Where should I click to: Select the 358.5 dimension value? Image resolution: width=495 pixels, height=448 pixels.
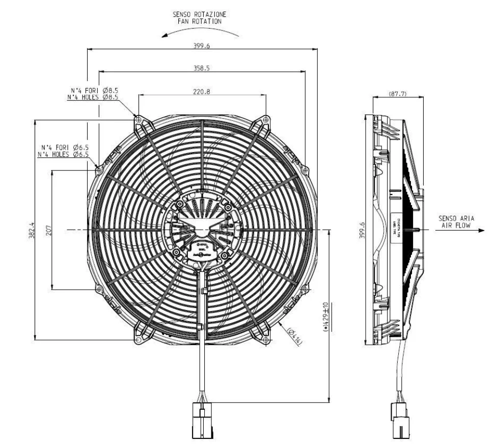[x=202, y=67]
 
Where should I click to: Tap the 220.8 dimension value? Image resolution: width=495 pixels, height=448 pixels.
[x=202, y=92]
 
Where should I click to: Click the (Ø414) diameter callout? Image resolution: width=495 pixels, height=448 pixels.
[x=294, y=337]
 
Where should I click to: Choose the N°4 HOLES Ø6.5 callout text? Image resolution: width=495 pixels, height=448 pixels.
[x=63, y=154]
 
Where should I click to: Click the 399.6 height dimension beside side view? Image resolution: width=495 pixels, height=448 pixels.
[x=362, y=230]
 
